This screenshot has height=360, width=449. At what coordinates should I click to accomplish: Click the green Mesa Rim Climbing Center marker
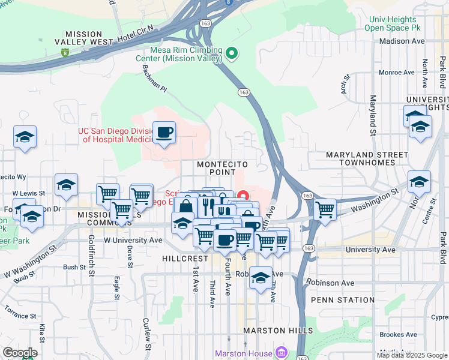coord(232,56)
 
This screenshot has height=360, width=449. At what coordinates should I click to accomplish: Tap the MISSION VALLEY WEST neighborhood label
coord(85,38)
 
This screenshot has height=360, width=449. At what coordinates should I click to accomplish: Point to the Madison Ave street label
coord(402,41)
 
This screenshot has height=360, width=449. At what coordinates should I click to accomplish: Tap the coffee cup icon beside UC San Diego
coord(164,133)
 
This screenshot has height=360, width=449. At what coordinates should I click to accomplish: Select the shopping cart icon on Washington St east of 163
coord(325,210)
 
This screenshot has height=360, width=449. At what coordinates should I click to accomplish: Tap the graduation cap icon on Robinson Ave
coord(261,278)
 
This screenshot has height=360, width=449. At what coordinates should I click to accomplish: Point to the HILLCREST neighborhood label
coord(184,258)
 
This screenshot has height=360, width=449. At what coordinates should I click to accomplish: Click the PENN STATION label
coord(343,299)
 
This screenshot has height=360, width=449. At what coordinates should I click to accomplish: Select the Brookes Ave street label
coord(398,335)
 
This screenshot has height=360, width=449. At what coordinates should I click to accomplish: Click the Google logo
coord(20,353)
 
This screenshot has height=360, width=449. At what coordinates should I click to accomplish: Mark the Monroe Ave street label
coord(397,73)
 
